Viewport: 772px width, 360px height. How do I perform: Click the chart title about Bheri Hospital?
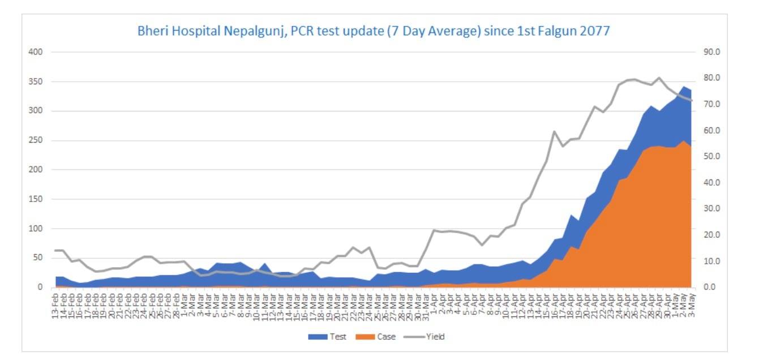374,31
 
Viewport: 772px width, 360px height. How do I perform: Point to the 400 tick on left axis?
36,52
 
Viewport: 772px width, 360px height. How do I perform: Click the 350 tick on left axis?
36,82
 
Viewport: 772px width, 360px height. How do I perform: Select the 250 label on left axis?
36,140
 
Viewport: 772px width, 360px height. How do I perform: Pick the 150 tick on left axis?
36,199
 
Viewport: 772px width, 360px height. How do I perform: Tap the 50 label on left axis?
38,258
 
